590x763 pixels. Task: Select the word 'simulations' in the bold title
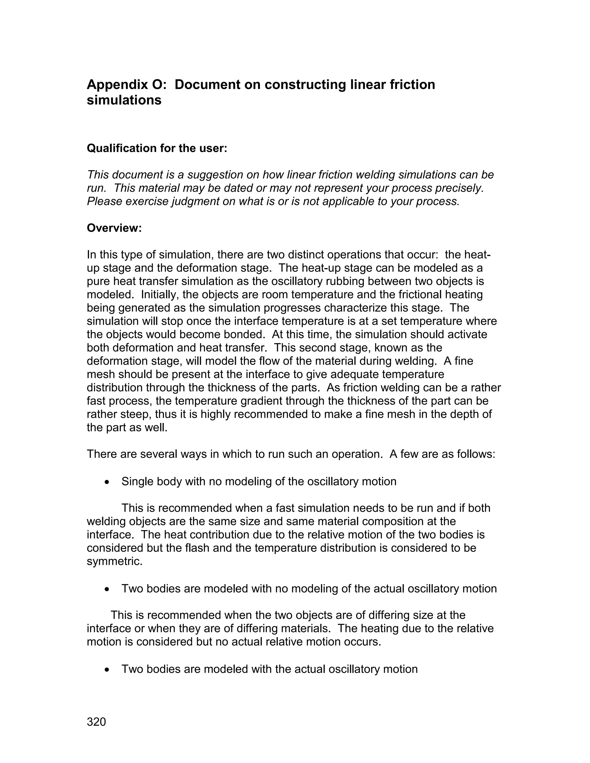click(124, 100)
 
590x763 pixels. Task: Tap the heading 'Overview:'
click(114, 228)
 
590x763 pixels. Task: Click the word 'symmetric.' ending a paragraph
click(115, 561)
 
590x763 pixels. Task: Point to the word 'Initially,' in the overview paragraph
click(159, 295)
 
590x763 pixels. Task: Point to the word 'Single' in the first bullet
click(137, 482)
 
